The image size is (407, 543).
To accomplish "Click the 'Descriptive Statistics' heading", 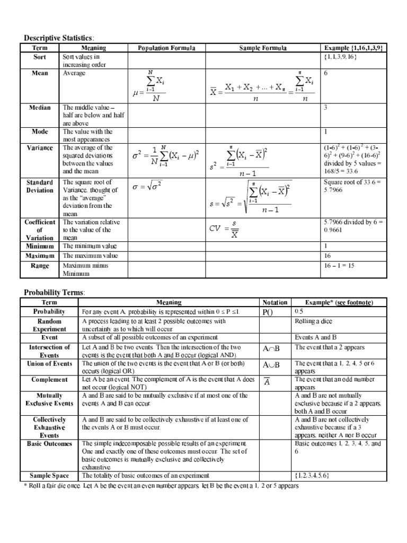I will coord(58,38).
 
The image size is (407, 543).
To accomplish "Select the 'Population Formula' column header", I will coord(166,48).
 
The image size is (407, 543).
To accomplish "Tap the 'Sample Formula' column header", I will coord(263,48).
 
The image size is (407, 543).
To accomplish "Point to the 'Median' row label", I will coord(40,108).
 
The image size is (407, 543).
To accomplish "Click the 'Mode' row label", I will coord(40,132).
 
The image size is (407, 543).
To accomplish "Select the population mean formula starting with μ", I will coord(149,87).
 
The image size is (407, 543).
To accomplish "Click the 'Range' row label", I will coord(40,265).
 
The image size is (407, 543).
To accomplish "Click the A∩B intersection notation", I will coord(270,348).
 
